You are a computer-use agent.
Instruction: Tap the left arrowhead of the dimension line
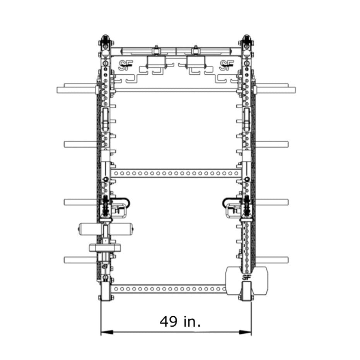[x=107, y=332]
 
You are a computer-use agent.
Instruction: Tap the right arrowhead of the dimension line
[x=245, y=332]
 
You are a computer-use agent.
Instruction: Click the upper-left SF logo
[x=125, y=65]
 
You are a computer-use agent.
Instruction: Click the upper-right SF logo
[x=226, y=65]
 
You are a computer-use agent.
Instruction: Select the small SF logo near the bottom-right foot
[x=246, y=277]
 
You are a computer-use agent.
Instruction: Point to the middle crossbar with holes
[x=176, y=173]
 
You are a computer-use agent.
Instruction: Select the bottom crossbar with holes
[x=169, y=288]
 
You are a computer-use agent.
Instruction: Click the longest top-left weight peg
[x=77, y=90]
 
